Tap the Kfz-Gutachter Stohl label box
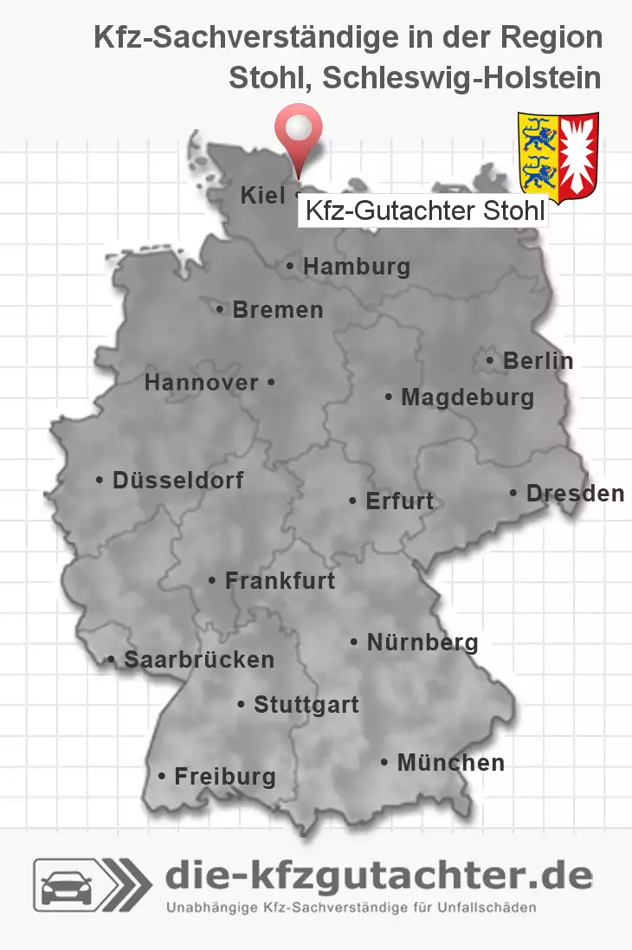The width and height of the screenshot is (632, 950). click(423, 210)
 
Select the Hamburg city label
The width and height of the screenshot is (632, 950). click(356, 267)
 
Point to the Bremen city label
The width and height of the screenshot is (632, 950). click(277, 309)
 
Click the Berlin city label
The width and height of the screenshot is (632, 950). click(538, 360)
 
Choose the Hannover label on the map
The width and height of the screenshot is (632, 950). click(202, 382)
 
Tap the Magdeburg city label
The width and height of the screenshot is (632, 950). click(467, 397)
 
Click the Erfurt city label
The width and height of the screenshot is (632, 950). click(399, 501)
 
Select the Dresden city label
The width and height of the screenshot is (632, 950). click(574, 493)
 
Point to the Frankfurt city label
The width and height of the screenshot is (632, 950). click(279, 580)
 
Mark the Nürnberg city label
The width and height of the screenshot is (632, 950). click(422, 642)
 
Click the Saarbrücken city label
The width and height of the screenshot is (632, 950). click(198, 659)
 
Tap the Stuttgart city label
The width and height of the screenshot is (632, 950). click(306, 704)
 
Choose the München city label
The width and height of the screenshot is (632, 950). click(449, 762)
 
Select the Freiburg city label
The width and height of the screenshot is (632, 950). click(224, 776)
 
